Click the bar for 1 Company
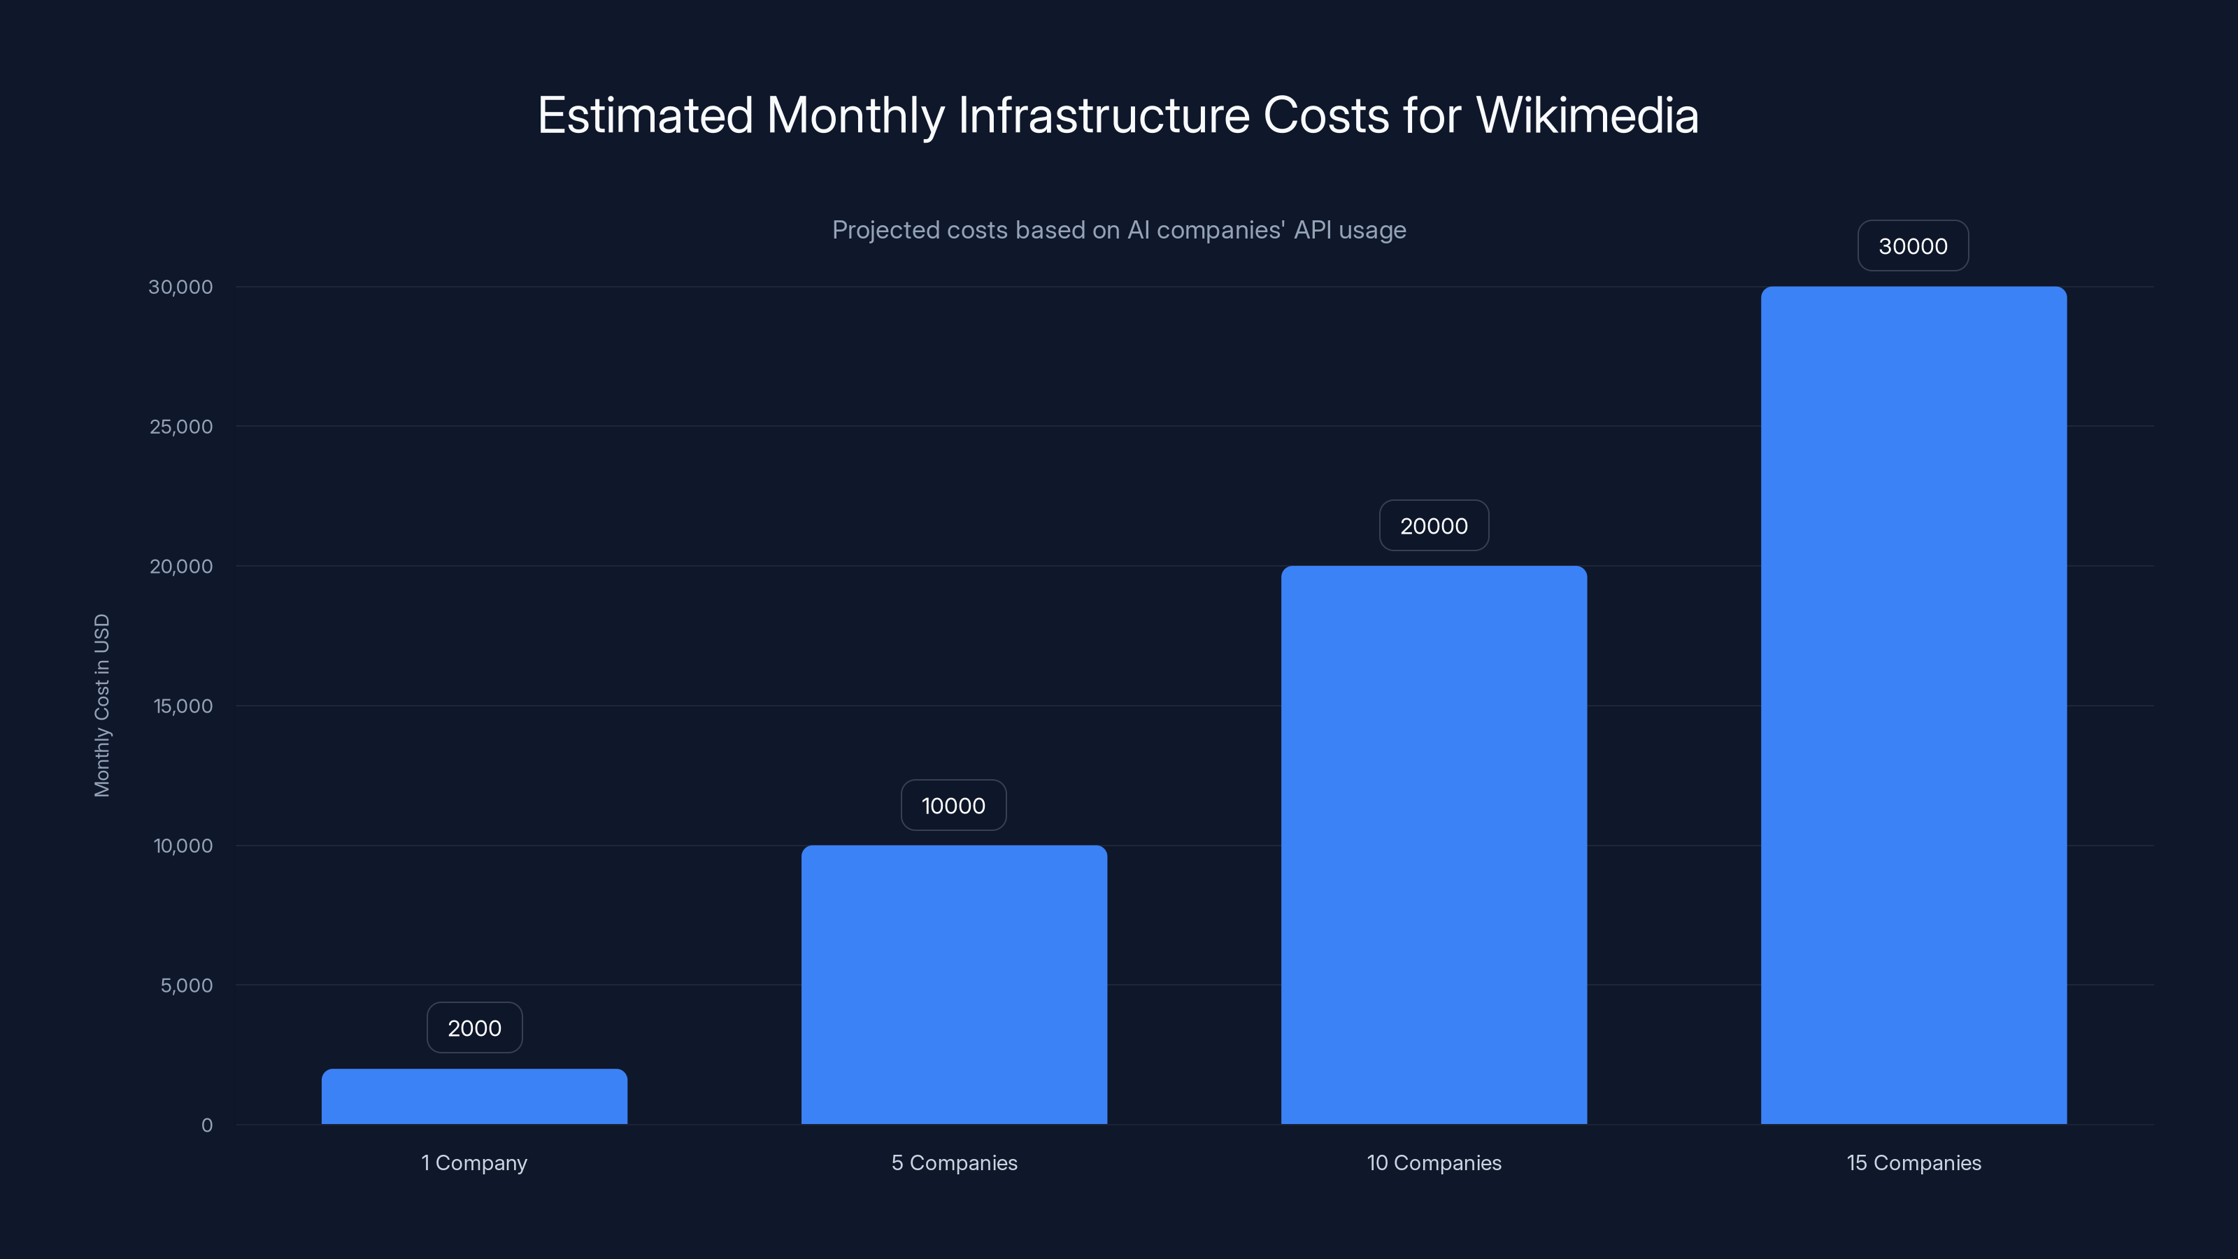tap(474, 1097)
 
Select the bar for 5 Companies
tap(954, 984)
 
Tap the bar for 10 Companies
tap(1434, 844)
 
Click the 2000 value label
tap(474, 1028)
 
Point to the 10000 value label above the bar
tap(953, 806)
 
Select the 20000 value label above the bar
tap(1434, 526)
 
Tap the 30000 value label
tap(1913, 246)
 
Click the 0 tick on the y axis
tap(207, 1125)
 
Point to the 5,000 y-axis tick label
tap(186, 986)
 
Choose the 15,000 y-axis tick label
tap(183, 706)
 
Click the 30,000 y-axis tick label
tap(180, 287)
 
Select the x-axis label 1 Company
tap(474, 1162)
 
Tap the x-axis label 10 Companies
tap(1434, 1162)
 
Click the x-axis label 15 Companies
tap(1913, 1162)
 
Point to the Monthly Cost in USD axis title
tap(101, 706)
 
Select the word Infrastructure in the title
tap(1104, 115)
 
